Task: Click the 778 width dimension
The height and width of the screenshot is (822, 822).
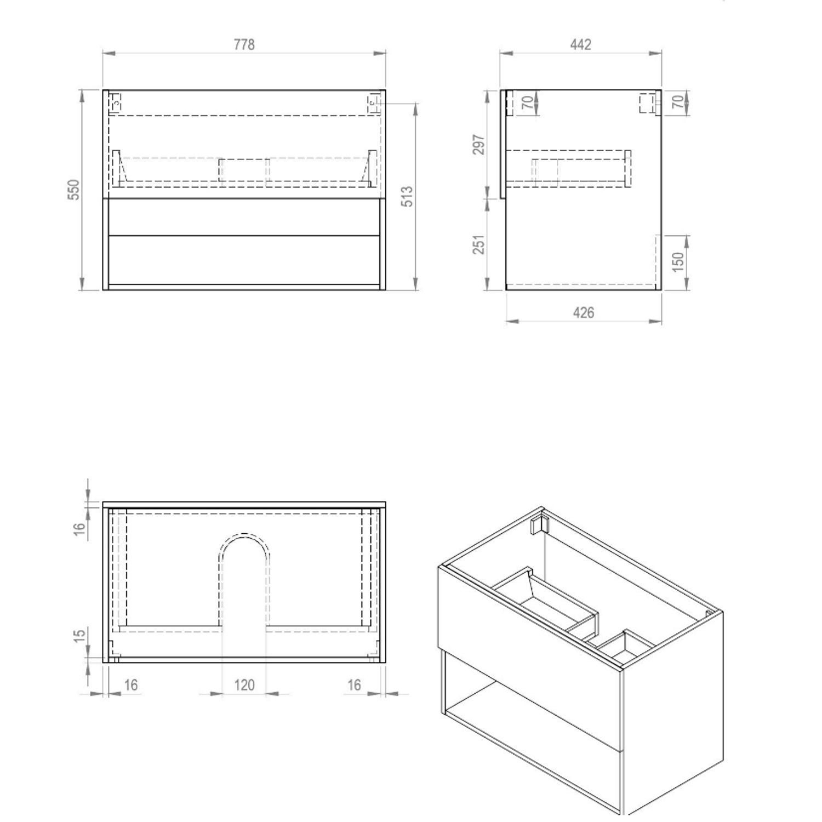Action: click(244, 44)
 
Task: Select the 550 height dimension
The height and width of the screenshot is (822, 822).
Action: click(74, 190)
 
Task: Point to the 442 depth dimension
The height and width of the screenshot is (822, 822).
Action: click(581, 44)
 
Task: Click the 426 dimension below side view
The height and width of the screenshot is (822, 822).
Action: click(584, 312)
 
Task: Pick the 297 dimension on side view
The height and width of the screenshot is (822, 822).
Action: click(479, 145)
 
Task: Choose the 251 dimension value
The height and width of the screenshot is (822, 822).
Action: click(479, 244)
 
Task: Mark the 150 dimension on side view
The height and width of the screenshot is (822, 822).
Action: click(678, 262)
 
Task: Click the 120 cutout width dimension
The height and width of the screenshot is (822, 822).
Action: click(244, 685)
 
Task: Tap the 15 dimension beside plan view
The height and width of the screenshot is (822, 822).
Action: click(80, 636)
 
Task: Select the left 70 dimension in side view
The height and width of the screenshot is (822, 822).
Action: click(527, 102)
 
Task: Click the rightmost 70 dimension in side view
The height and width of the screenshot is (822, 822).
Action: click(678, 102)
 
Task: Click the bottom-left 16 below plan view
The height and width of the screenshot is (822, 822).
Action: click(131, 685)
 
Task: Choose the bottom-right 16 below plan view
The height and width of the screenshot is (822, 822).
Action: click(355, 685)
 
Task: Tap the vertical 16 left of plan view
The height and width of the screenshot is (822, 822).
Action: click(80, 529)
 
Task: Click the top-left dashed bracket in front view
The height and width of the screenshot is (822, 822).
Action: click(116, 103)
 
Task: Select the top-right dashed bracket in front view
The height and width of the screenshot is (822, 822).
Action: click(373, 103)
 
